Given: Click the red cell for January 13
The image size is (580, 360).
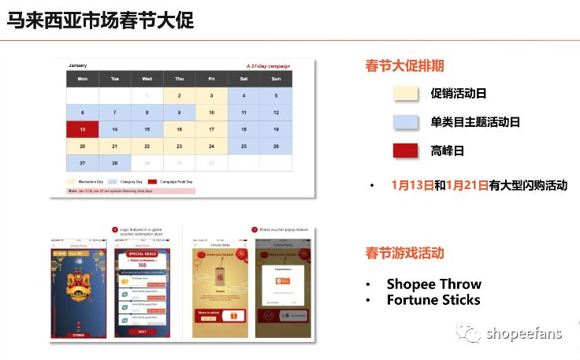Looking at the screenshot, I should [82, 129].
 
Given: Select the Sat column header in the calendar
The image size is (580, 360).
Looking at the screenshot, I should [244, 79].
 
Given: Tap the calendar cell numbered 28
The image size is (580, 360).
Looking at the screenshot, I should [114, 163].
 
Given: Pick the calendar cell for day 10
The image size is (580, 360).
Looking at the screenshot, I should [211, 113].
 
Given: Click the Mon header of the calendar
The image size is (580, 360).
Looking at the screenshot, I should [82, 79].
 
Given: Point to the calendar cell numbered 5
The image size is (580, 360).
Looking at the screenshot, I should [275, 95].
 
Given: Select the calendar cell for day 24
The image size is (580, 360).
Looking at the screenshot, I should [211, 147].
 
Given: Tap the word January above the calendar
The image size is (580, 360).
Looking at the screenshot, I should [77, 65].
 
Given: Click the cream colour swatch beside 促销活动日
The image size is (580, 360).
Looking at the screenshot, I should [406, 93].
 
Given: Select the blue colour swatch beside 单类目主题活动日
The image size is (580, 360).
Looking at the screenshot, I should [406, 122].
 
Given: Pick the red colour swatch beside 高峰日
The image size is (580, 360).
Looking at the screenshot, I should [406, 151].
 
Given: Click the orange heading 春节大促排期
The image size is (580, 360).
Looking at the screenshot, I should [404, 65].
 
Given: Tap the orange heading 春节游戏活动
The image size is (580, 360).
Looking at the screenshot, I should [404, 253].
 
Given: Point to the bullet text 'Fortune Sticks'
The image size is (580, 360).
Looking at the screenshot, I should [433, 299].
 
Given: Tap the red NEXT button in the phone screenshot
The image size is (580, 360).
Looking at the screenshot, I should [143, 332].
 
